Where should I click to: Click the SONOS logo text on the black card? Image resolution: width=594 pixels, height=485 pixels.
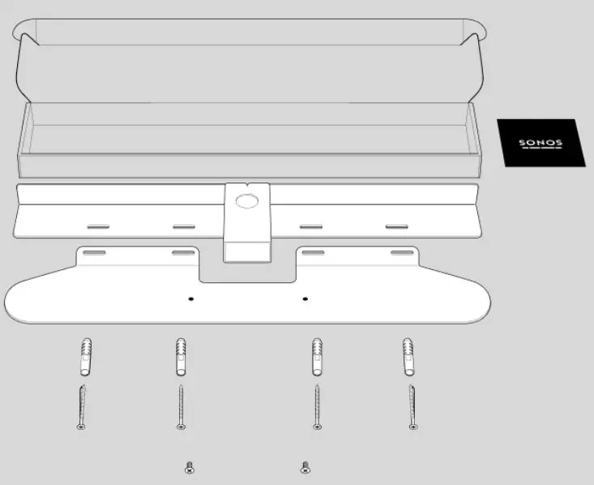click(540, 143)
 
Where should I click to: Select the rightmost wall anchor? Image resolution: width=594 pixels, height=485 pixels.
click(410, 357)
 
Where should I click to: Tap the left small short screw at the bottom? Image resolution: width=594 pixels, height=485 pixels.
click(190, 467)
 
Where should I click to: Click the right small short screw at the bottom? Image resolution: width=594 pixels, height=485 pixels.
click(305, 467)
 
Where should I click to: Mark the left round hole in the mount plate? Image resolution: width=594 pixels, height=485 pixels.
click(191, 299)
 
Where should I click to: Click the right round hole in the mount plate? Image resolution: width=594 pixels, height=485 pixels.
click(306, 299)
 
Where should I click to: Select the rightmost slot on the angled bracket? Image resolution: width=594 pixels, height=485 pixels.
click(397, 226)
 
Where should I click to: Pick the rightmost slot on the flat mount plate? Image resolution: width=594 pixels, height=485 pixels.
click(400, 254)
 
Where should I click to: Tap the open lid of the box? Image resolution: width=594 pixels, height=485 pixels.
click(251, 61)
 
